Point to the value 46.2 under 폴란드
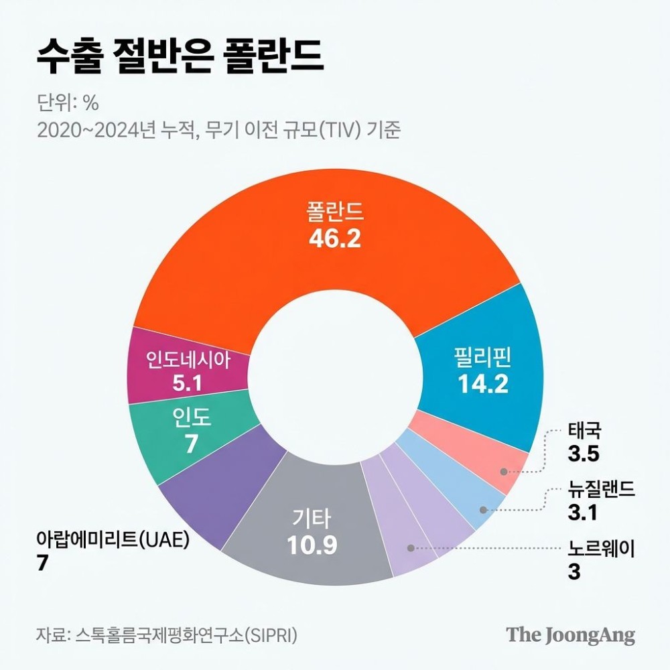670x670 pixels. [335, 239]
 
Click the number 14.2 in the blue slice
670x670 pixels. [483, 383]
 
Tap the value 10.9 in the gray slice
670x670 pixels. [312, 546]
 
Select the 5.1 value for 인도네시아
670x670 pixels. [187, 384]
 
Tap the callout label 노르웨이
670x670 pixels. [600, 550]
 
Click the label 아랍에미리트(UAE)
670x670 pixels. [114, 539]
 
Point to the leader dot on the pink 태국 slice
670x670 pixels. [504, 471]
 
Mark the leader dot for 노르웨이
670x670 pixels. [411, 548]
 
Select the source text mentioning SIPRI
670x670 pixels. [167, 634]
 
